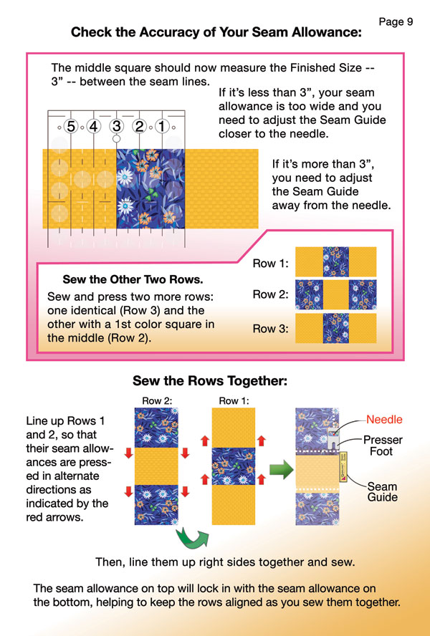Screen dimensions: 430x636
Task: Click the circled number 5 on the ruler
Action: click(x=71, y=127)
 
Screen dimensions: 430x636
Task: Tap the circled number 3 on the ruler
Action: click(x=117, y=127)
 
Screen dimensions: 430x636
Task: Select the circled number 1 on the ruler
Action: click(x=162, y=127)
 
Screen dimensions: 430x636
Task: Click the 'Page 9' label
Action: click(x=396, y=21)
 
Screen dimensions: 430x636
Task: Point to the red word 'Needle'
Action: click(x=384, y=420)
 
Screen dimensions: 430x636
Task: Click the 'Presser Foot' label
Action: click(x=383, y=445)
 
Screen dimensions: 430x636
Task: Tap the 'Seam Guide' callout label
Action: click(x=382, y=491)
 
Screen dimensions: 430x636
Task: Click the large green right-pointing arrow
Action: click(x=282, y=470)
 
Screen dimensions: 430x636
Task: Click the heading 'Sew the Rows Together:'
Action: click(x=210, y=381)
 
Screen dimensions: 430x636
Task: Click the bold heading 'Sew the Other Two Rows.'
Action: click(x=133, y=279)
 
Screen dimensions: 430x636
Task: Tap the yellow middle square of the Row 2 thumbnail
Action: click(x=336, y=294)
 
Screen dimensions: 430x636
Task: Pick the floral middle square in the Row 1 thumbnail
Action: click(x=336, y=261)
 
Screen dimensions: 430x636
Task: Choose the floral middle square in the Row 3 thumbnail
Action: click(x=336, y=328)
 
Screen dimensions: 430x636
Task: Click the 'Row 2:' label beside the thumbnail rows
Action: click(x=270, y=294)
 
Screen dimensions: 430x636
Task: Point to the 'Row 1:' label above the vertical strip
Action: click(x=234, y=401)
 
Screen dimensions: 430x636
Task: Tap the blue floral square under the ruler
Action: click(x=150, y=188)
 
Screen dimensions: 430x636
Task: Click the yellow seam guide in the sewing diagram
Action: click(x=343, y=466)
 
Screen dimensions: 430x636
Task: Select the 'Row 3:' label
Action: click(x=270, y=328)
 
